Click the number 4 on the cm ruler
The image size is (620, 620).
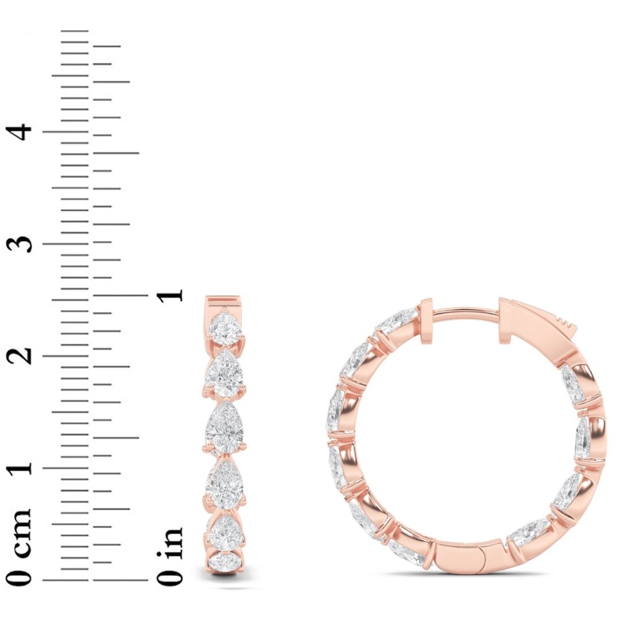22,132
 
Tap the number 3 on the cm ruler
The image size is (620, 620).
22,243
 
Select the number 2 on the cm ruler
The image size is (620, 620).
22,356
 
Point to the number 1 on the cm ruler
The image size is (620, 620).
22,468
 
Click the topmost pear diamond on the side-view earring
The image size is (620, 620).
224,328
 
